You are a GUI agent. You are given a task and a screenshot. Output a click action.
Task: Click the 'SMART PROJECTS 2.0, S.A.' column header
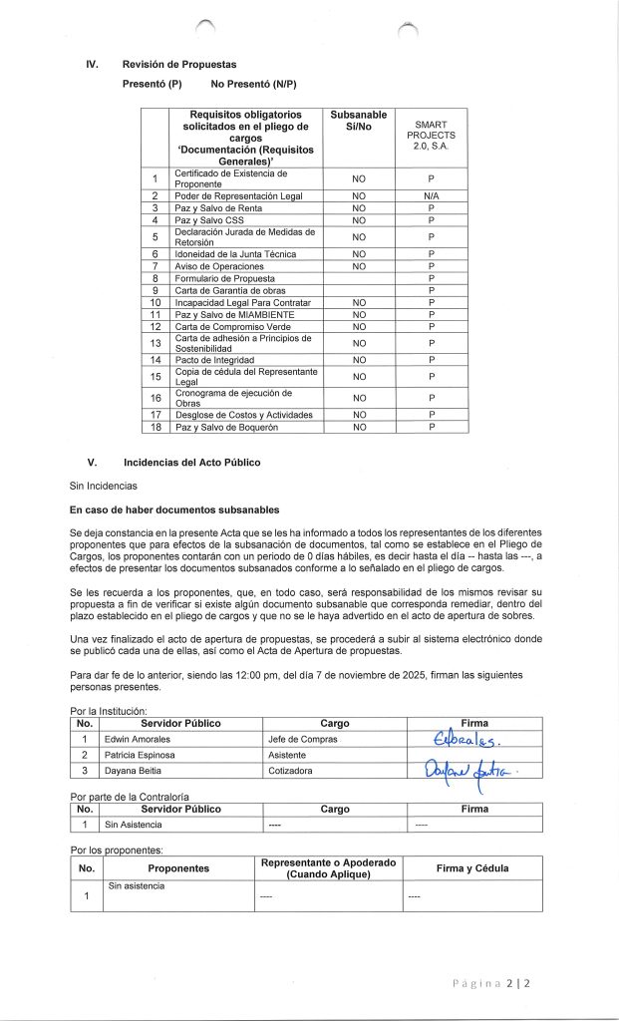click(x=431, y=135)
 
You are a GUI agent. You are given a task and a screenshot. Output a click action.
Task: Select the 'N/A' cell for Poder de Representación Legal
click(x=431, y=196)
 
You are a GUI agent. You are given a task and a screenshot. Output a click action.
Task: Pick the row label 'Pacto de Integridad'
click(x=215, y=359)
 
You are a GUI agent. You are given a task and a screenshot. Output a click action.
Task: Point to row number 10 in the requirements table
click(x=155, y=302)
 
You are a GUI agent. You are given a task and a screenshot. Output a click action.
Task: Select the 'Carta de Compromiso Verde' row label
click(x=229, y=326)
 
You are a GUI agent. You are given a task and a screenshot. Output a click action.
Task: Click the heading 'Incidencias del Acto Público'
click(x=191, y=463)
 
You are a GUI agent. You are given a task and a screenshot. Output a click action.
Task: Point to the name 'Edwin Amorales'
click(x=138, y=739)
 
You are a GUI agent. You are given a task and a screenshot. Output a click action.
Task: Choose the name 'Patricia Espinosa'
click(x=142, y=756)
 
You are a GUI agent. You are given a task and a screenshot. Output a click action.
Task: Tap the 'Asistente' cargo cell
click(x=288, y=756)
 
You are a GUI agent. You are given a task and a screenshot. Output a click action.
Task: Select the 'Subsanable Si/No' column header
click(x=359, y=125)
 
